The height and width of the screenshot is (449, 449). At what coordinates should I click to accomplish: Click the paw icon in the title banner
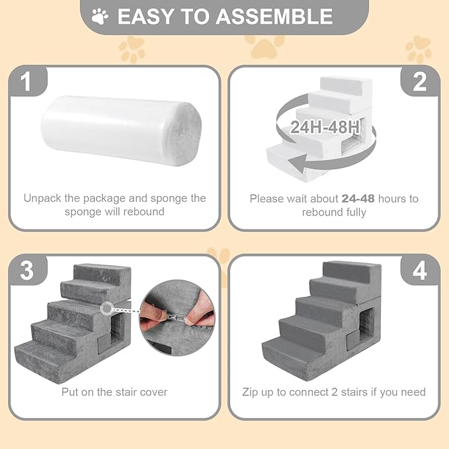pos(101,16)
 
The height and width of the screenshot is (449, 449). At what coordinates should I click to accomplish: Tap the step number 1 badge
pos(26,82)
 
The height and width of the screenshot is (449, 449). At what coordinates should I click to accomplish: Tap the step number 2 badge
pos(420,82)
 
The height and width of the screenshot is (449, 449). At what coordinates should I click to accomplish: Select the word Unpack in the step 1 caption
pos(44,198)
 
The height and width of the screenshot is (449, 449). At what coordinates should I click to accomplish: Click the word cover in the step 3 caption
pos(153,392)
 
